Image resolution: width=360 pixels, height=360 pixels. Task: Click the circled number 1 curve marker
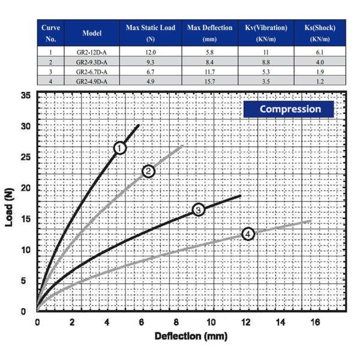[x=119, y=148]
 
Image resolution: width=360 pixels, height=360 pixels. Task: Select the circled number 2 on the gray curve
[x=148, y=172]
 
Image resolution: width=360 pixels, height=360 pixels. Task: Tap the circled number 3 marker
[x=199, y=209]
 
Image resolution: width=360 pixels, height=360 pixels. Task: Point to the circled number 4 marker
[x=248, y=234]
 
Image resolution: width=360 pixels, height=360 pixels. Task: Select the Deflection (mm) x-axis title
[x=191, y=336]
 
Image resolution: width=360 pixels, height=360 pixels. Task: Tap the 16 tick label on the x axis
[x=316, y=322]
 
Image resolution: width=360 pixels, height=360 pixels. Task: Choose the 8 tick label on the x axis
[x=176, y=322]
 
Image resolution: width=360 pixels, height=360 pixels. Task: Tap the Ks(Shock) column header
[x=319, y=33]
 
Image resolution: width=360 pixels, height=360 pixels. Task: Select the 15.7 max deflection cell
[x=209, y=80]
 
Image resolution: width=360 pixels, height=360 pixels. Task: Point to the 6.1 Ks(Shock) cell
[x=319, y=52]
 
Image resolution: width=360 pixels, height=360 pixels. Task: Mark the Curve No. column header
[x=50, y=33]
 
